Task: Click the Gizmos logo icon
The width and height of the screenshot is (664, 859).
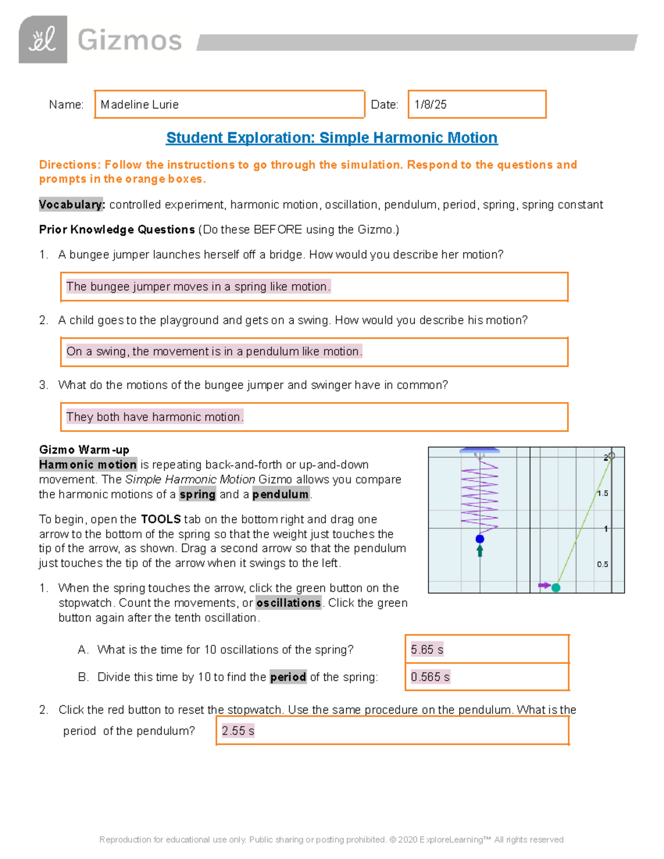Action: pyautogui.click(x=43, y=39)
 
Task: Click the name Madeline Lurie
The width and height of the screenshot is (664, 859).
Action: pyautogui.click(x=139, y=105)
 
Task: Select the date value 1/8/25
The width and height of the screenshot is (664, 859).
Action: pyautogui.click(x=430, y=105)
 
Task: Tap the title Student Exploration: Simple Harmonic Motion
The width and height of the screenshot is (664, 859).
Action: pyautogui.click(x=331, y=138)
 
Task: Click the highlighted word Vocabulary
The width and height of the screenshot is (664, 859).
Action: pyautogui.click(x=71, y=205)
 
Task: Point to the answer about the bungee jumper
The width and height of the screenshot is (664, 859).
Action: pyautogui.click(x=198, y=287)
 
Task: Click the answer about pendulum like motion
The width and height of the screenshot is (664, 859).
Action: pyautogui.click(x=214, y=352)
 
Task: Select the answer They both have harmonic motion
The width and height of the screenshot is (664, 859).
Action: pyautogui.click(x=155, y=417)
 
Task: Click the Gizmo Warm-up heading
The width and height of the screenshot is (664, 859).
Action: pyautogui.click(x=84, y=450)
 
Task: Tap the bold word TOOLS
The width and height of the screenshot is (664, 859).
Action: pyautogui.click(x=160, y=519)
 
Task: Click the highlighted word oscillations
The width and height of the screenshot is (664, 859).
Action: pyautogui.click(x=288, y=603)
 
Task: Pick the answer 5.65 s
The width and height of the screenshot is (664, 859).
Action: pyautogui.click(x=427, y=649)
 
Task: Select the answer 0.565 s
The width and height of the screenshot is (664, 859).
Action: pyautogui.click(x=430, y=677)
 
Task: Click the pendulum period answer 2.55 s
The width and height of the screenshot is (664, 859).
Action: pyautogui.click(x=238, y=731)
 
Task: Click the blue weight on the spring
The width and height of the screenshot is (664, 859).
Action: pyautogui.click(x=480, y=539)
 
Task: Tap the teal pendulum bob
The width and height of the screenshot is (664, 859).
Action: pyautogui.click(x=556, y=587)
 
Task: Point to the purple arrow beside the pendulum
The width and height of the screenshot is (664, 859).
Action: pyautogui.click(x=544, y=585)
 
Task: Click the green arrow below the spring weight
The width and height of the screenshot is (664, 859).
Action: pyautogui.click(x=480, y=550)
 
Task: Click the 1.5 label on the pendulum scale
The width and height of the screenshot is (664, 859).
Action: pyautogui.click(x=603, y=493)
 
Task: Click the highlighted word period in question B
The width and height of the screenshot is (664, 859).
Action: pyautogui.click(x=288, y=677)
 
